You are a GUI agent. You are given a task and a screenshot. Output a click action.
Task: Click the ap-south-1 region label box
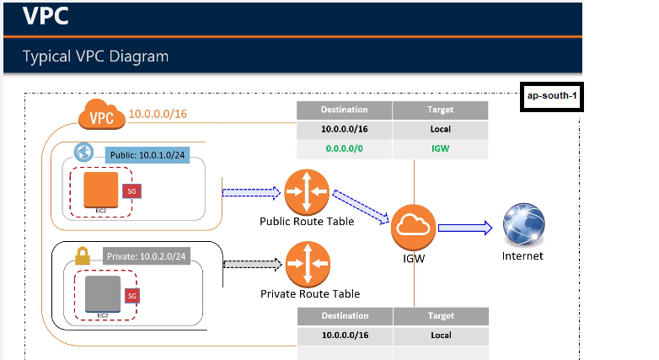tap(552, 96)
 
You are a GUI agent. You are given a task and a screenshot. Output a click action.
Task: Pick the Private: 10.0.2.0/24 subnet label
tap(144, 255)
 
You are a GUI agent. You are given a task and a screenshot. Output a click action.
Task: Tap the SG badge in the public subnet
tap(131, 191)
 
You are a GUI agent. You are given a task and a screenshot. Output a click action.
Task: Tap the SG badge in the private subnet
tap(131, 296)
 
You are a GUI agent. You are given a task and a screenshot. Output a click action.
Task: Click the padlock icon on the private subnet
tap(83, 255)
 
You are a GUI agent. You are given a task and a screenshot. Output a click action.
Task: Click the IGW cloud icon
tap(414, 225)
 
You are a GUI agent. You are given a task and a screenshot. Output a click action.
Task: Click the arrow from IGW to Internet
tap(464, 226)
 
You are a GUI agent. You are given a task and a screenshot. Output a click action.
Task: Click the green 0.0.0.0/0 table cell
tap(345, 149)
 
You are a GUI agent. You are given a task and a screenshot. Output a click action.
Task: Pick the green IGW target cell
tap(440, 149)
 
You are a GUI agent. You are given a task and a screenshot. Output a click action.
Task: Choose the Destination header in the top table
tap(345, 110)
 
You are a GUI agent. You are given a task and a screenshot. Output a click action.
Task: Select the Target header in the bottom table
tap(440, 316)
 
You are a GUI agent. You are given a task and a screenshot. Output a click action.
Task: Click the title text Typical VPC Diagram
tap(96, 56)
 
